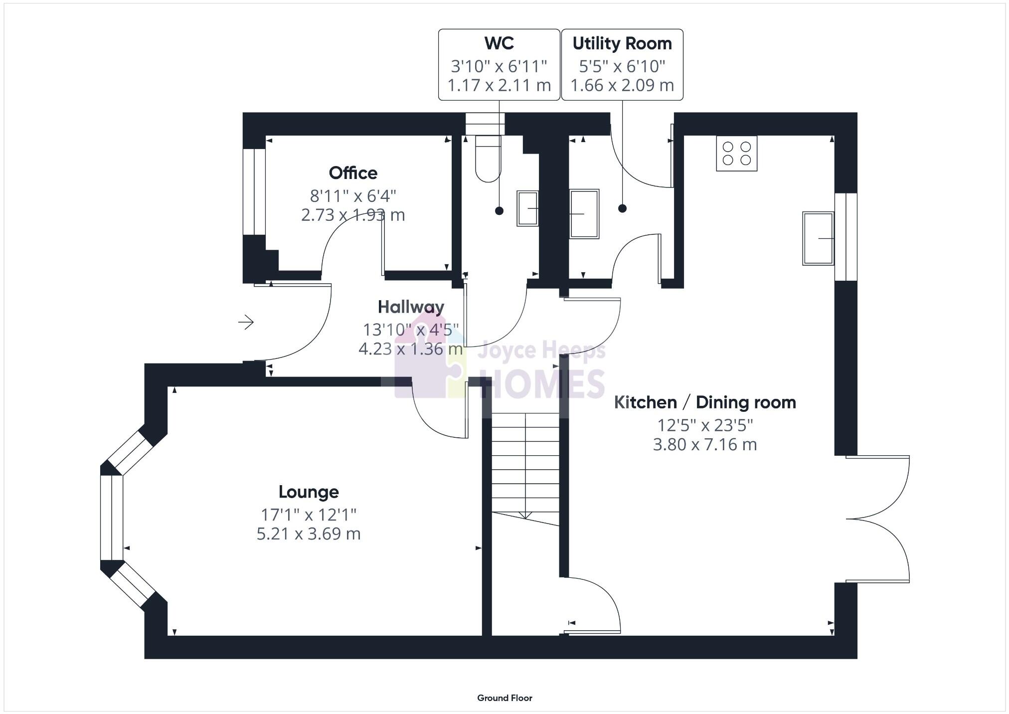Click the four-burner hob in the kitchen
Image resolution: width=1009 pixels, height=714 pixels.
(736, 154)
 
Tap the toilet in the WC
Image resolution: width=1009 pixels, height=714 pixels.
(487, 159)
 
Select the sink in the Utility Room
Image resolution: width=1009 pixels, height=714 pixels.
(584, 213)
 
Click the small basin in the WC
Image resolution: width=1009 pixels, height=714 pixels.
(527, 208)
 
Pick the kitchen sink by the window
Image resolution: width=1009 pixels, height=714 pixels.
(818, 238)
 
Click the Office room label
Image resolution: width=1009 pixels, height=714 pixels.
(353, 173)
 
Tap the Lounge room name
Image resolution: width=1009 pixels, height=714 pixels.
(309, 492)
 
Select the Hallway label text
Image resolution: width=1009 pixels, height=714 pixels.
(411, 307)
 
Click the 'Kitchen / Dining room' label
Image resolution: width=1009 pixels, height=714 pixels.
(704, 402)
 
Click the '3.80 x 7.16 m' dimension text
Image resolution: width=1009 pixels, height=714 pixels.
(704, 444)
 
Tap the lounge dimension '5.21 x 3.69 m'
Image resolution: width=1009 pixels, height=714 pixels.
(309, 534)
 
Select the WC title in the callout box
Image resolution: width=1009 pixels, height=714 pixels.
(499, 43)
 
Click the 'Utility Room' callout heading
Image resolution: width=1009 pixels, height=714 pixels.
(622, 43)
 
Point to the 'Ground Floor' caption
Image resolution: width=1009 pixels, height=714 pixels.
(504, 698)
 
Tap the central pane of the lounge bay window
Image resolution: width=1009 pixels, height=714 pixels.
(112, 518)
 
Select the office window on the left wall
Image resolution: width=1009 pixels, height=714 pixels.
(254, 191)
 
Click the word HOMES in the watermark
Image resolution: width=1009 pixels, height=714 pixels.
(542, 384)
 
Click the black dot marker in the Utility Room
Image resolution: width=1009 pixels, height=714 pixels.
(622, 208)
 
